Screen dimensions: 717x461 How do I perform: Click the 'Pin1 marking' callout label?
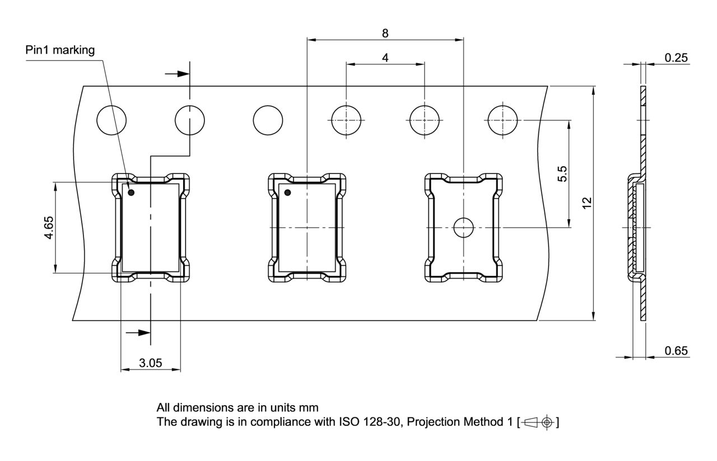[60, 50]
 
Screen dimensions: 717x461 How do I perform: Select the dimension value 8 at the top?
[385, 33]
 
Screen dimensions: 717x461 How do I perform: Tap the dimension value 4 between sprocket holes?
[385, 58]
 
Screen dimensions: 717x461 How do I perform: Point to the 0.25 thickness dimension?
[676, 58]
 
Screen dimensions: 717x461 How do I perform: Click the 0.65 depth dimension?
[676, 351]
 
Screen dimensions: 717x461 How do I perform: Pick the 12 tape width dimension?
[587, 203]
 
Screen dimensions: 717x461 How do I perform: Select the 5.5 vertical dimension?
[562, 174]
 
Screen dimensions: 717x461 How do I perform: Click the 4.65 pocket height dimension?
[49, 228]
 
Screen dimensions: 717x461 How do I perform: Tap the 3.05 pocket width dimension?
[151, 363]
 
